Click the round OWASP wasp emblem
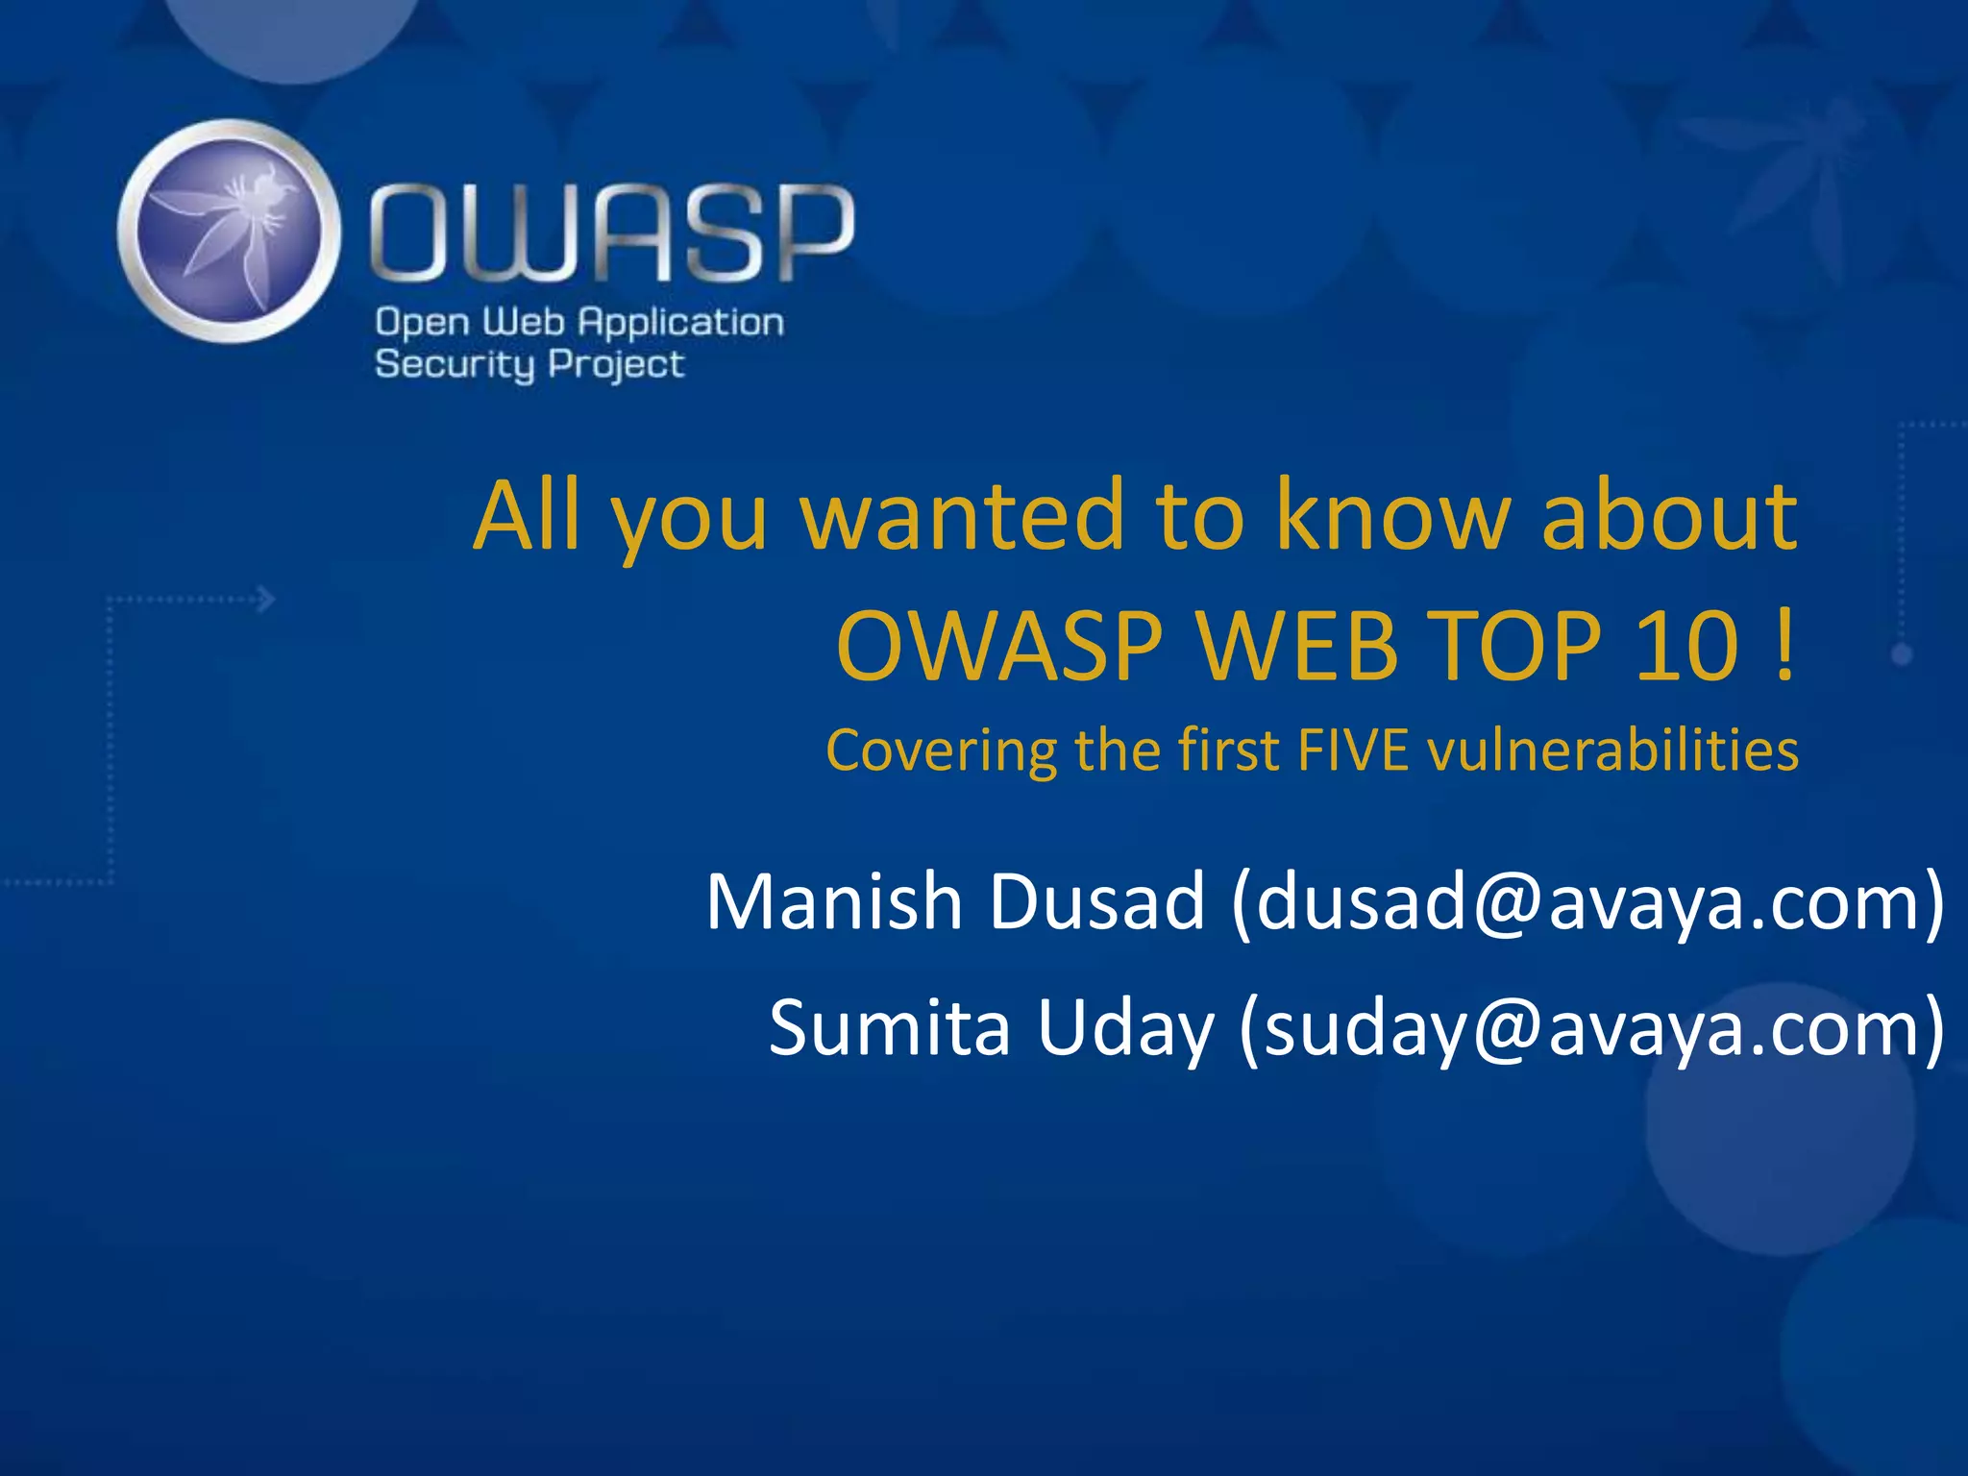(229, 231)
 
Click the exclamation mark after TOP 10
(1783, 646)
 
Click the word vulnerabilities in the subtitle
(1613, 750)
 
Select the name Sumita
(889, 1027)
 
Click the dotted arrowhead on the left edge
(267, 600)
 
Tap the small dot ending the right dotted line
(1902, 655)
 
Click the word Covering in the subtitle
(940, 750)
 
